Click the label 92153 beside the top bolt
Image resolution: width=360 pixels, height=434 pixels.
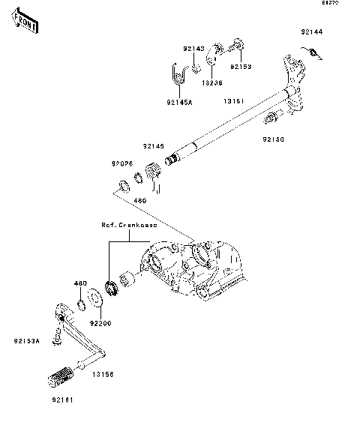click(x=241, y=66)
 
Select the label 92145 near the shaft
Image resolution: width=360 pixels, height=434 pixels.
click(x=154, y=146)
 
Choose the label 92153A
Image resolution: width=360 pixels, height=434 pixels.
click(x=26, y=340)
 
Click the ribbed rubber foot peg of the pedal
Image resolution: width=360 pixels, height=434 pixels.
click(x=63, y=375)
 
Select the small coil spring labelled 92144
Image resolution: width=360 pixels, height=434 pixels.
click(x=314, y=52)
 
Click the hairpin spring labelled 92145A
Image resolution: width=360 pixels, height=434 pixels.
click(x=176, y=74)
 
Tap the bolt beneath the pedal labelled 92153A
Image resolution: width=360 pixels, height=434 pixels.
click(x=55, y=340)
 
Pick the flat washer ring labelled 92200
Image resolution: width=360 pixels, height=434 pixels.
click(x=97, y=299)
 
